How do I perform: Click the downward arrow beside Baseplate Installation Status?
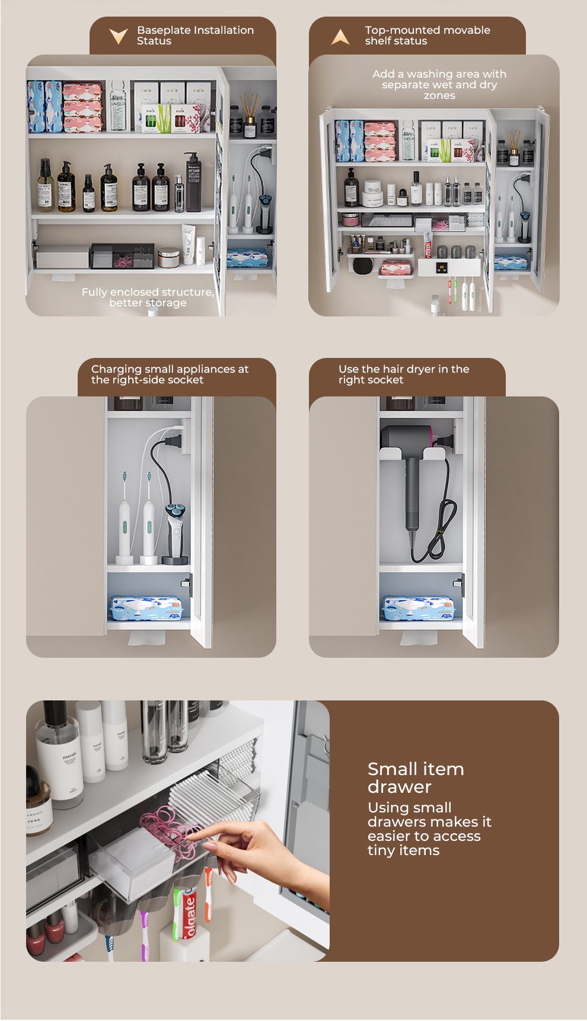coord(119,36)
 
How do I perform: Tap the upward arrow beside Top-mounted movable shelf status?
coord(340,37)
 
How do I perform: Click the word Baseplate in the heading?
coord(164,30)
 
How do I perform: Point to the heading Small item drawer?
coord(416,777)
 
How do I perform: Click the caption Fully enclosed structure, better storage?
coord(148,297)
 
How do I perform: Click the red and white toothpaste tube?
coord(189,913)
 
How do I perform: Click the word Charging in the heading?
coord(117,369)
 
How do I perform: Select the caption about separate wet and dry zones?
coord(439,85)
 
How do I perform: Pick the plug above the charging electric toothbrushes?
coord(174,440)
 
